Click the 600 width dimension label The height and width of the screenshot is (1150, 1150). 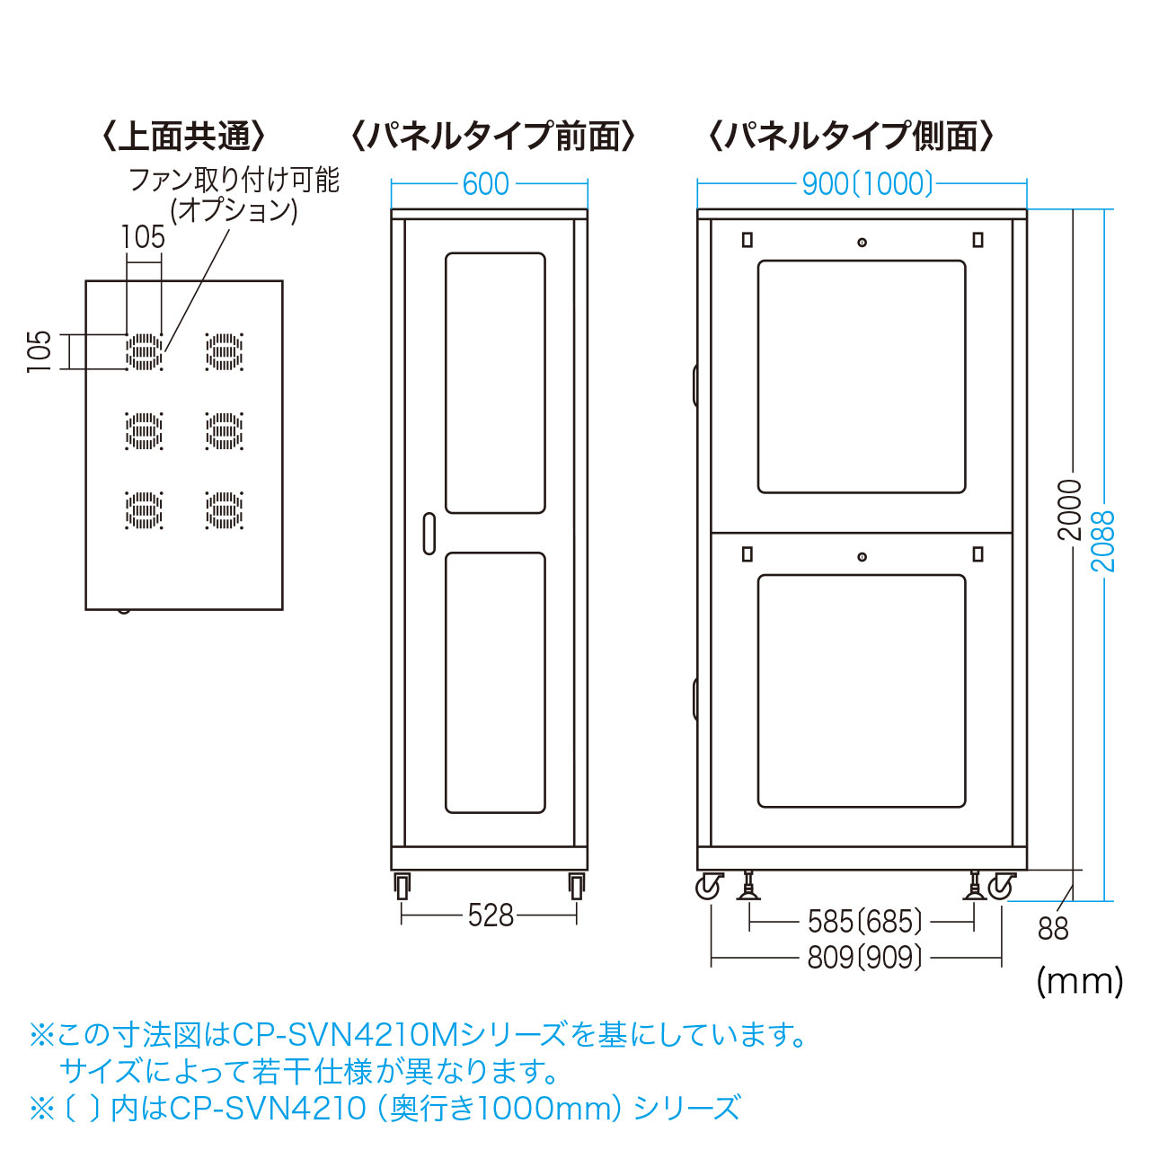pos(486,184)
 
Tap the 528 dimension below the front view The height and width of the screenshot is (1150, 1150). pos(491,916)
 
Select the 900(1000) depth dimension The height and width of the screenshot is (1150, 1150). pos(867,184)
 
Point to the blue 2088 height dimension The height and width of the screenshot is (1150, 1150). pos(1102,541)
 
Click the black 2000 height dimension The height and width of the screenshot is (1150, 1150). pos(1070,510)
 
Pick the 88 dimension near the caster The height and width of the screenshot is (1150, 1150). pos(1053,928)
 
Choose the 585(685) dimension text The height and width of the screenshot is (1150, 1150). pos(864,922)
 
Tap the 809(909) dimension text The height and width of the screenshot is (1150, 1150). pos(864,958)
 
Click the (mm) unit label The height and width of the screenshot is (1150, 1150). pos(1080,980)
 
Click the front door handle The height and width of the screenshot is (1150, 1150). pos(429,533)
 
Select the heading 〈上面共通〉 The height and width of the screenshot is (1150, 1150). pos(184,137)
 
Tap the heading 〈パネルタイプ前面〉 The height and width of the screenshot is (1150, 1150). pos(492,137)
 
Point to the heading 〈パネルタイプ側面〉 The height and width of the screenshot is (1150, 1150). pos(851,137)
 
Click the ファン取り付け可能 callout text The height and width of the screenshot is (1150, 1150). pos(234,181)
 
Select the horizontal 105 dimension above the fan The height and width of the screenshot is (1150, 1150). pos(144,237)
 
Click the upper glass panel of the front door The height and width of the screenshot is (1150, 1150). pos(495,383)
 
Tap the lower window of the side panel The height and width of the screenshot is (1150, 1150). pos(862,691)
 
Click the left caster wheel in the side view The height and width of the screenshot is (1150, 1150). pos(709,887)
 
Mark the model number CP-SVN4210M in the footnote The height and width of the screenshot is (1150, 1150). pos(346,1035)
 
